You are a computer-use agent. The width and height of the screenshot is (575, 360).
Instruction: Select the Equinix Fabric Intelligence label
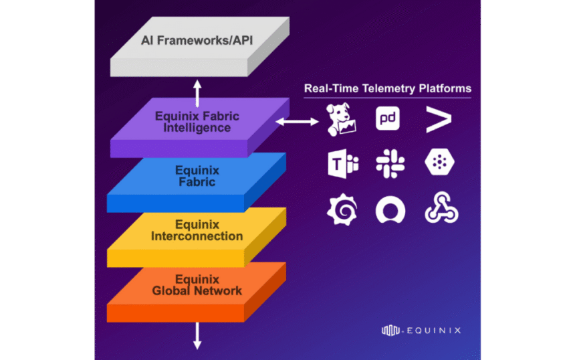197,122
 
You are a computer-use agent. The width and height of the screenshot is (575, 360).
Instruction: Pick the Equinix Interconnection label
197,231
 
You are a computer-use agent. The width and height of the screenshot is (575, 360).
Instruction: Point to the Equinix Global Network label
197,285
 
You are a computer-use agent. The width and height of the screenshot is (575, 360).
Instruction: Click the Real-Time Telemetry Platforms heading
387,88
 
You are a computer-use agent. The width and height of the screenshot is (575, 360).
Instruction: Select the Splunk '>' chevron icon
439,119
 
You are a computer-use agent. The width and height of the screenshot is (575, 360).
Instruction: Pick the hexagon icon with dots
439,164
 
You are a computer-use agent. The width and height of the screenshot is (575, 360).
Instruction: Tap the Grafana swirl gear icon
342,210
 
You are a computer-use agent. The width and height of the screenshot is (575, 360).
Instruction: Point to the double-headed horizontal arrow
298,121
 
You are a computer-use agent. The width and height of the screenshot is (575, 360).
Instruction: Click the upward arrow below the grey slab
197,92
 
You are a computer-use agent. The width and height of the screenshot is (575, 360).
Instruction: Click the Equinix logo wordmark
421,330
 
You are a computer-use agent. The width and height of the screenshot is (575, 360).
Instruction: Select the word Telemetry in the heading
384,88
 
